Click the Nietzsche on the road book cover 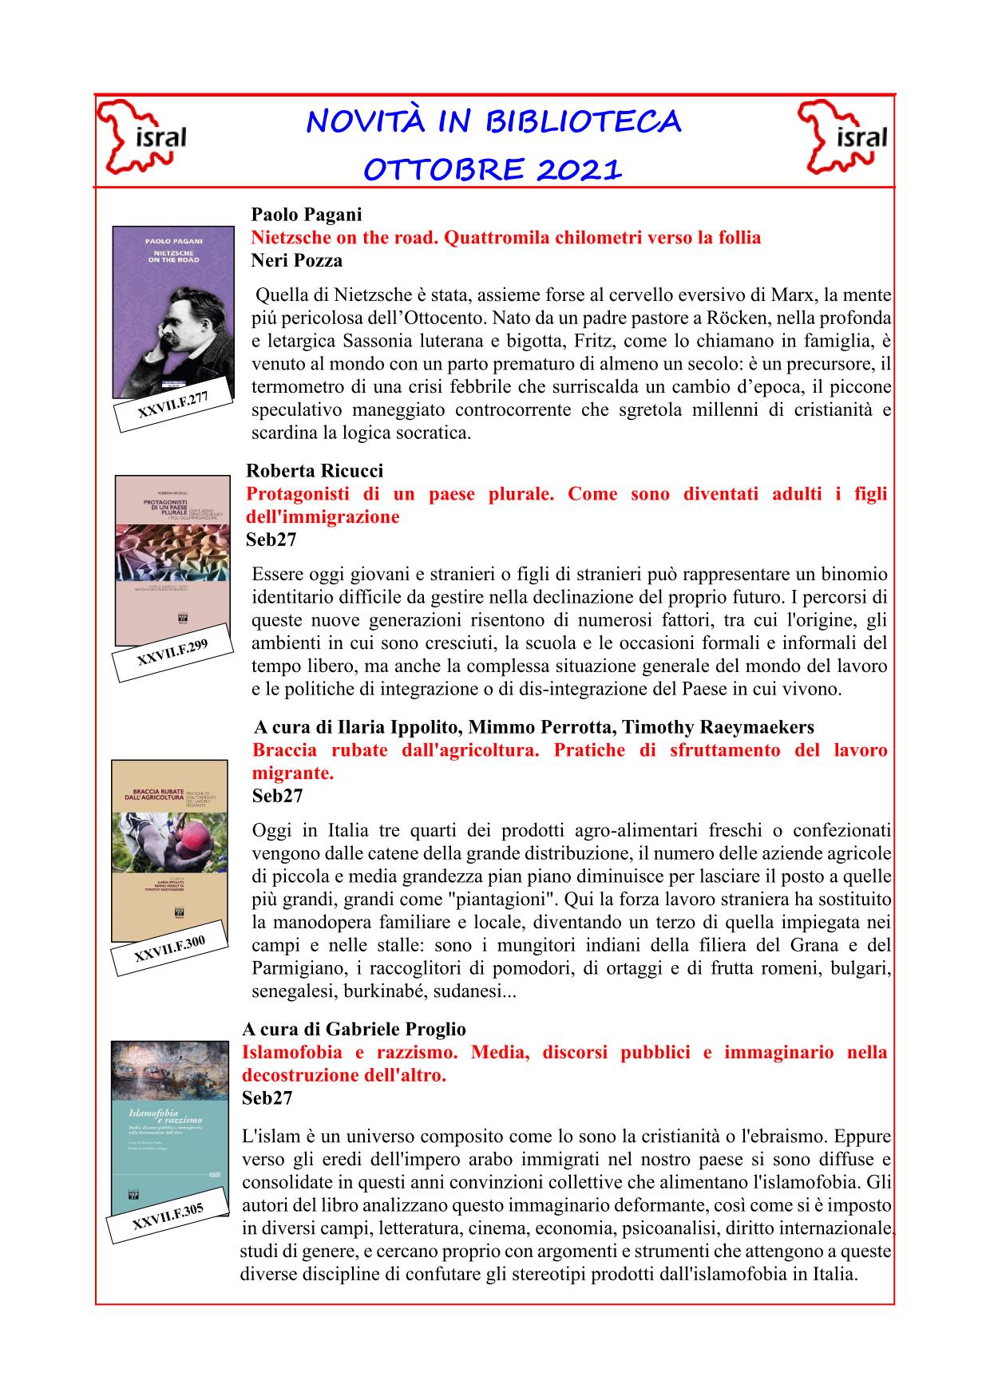172,311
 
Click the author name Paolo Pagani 306,215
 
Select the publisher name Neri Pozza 296,260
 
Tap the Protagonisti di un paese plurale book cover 172,559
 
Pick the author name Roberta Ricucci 315,471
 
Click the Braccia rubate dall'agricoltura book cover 170,849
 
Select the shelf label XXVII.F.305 168,1220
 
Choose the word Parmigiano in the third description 293,969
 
